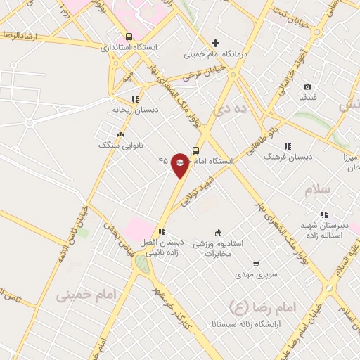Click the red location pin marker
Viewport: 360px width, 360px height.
click(180, 165)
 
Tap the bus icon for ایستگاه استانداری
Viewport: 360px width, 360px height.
click(129, 37)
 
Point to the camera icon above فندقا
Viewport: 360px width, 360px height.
click(307, 86)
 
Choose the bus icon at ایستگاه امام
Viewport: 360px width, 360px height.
click(195, 150)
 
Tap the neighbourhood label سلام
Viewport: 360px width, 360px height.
click(317, 191)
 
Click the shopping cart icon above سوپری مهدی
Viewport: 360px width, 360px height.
click(256, 262)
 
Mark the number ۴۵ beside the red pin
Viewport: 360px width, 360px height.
click(163, 161)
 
